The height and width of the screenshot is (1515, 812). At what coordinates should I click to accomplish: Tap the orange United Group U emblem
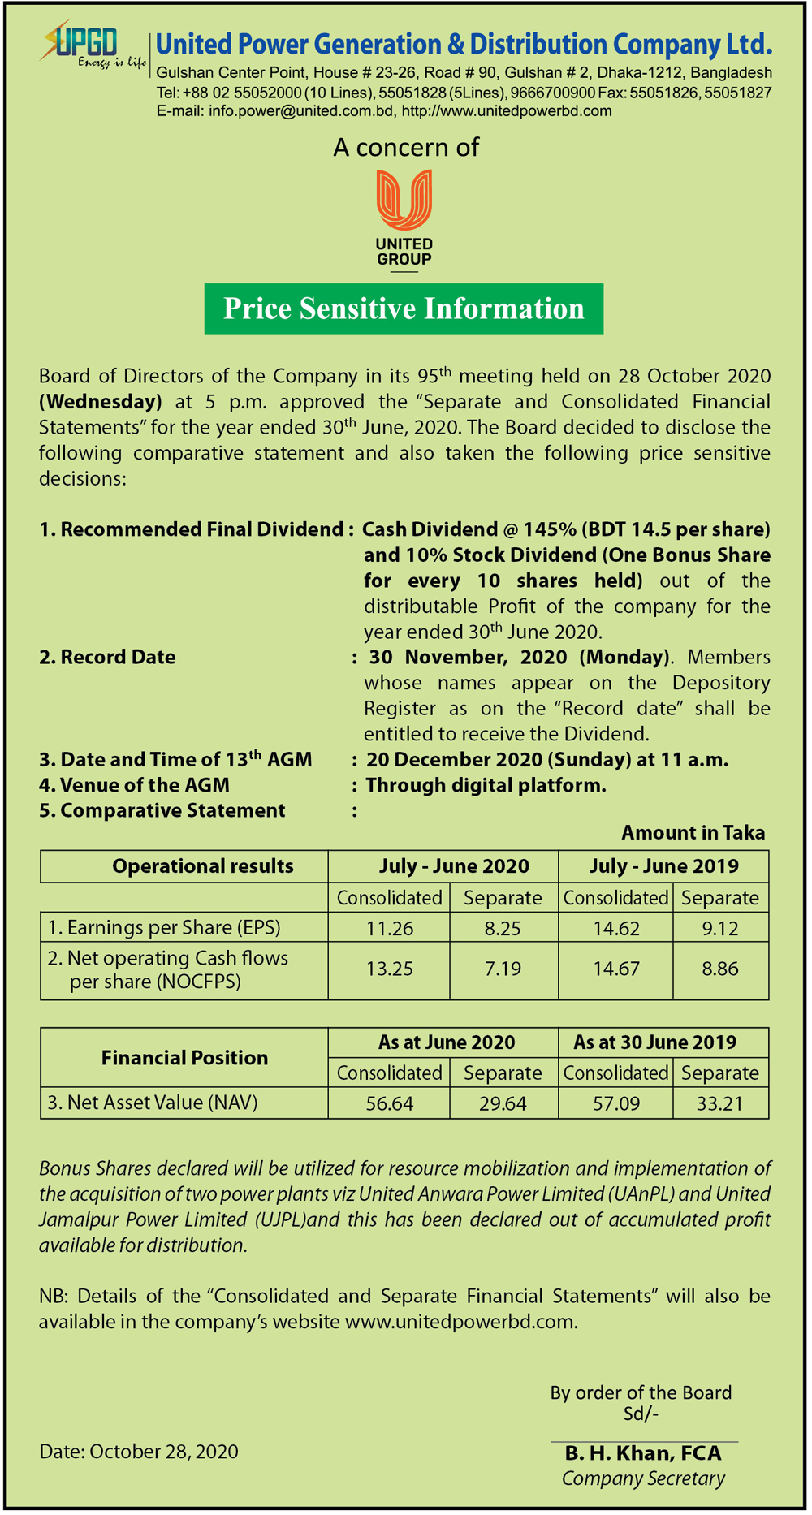[404, 199]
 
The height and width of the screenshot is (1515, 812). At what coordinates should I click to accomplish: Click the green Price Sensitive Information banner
[404, 309]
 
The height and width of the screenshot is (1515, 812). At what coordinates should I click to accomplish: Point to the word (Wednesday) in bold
[101, 402]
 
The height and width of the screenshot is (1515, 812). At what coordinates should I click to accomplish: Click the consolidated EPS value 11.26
[389, 928]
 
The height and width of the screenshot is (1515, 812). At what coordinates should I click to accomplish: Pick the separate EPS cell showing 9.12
[720, 928]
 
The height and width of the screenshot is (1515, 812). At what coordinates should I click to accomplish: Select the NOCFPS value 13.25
[389, 969]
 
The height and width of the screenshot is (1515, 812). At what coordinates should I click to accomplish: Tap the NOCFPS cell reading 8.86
[720, 969]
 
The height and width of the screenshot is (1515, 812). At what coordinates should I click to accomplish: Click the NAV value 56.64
[389, 1103]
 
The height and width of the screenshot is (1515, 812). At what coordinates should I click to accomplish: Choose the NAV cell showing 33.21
[720, 1103]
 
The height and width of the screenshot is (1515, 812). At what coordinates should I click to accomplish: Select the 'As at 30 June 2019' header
[654, 1042]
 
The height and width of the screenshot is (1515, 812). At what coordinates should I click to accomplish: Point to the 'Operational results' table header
[203, 866]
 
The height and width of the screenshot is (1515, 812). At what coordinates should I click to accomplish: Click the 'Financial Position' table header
[184, 1058]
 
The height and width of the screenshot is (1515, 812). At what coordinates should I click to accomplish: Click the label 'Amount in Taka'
[693, 832]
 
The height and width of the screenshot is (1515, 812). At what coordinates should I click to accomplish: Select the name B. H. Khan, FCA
[643, 1452]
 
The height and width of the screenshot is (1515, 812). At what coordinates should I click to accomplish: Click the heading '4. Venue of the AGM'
[135, 785]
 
